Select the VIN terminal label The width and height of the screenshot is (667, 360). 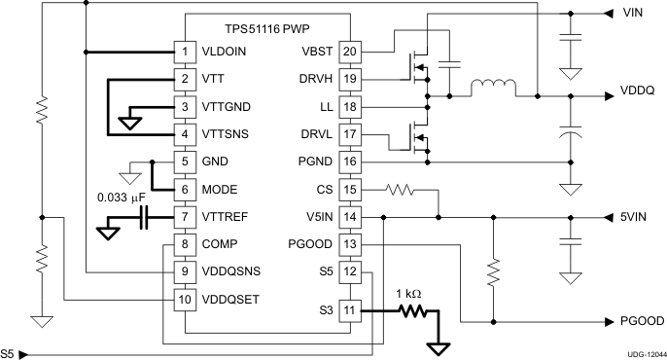[x=634, y=14]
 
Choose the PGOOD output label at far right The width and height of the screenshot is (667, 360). [x=641, y=320]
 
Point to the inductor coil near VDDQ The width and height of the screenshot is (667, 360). [x=493, y=90]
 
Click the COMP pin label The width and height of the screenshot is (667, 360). [x=222, y=243]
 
